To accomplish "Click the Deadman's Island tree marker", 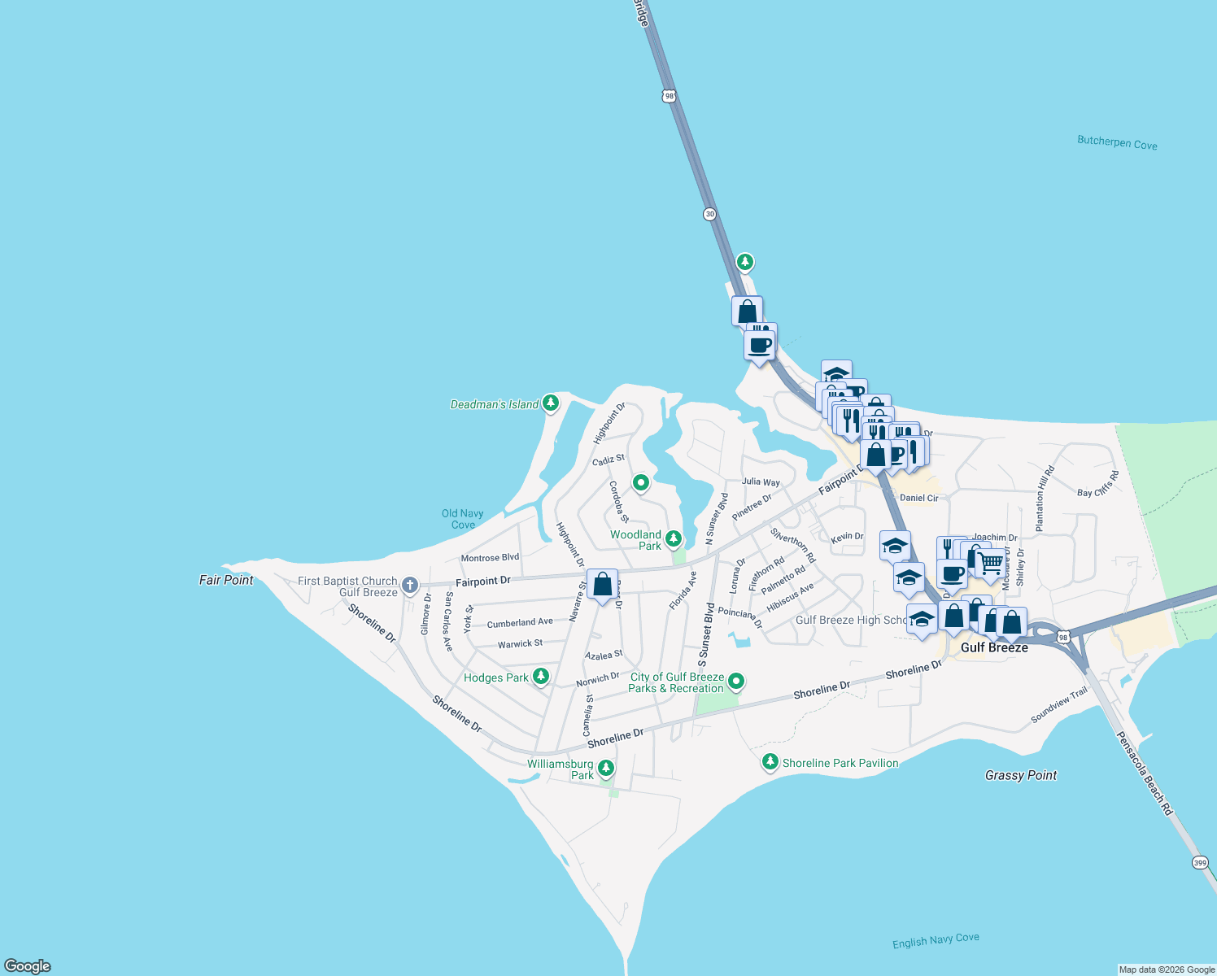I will coord(551,403).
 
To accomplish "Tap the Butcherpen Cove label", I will coord(1117,142).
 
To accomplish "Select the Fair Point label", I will coord(226,580).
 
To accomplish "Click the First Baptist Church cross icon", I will coord(410,585).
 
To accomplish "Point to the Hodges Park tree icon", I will coord(540,677).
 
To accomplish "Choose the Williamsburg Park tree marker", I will coord(605,768).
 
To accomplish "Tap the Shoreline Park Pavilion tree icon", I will coord(770,762).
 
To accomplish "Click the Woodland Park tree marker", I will coord(674,538).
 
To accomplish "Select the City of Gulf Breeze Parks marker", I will coord(736,681).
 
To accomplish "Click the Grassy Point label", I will coord(1020,775).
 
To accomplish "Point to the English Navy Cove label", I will coord(936,940).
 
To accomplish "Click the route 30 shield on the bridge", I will coord(709,214).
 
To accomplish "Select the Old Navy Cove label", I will coord(463,519).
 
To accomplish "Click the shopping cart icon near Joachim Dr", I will coord(990,563).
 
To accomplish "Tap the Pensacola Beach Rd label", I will coord(1144,773).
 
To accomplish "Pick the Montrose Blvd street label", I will coord(490,558).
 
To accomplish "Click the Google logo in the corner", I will coord(28,965).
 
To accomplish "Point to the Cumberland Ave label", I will coord(520,623).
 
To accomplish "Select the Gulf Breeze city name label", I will coord(994,647).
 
